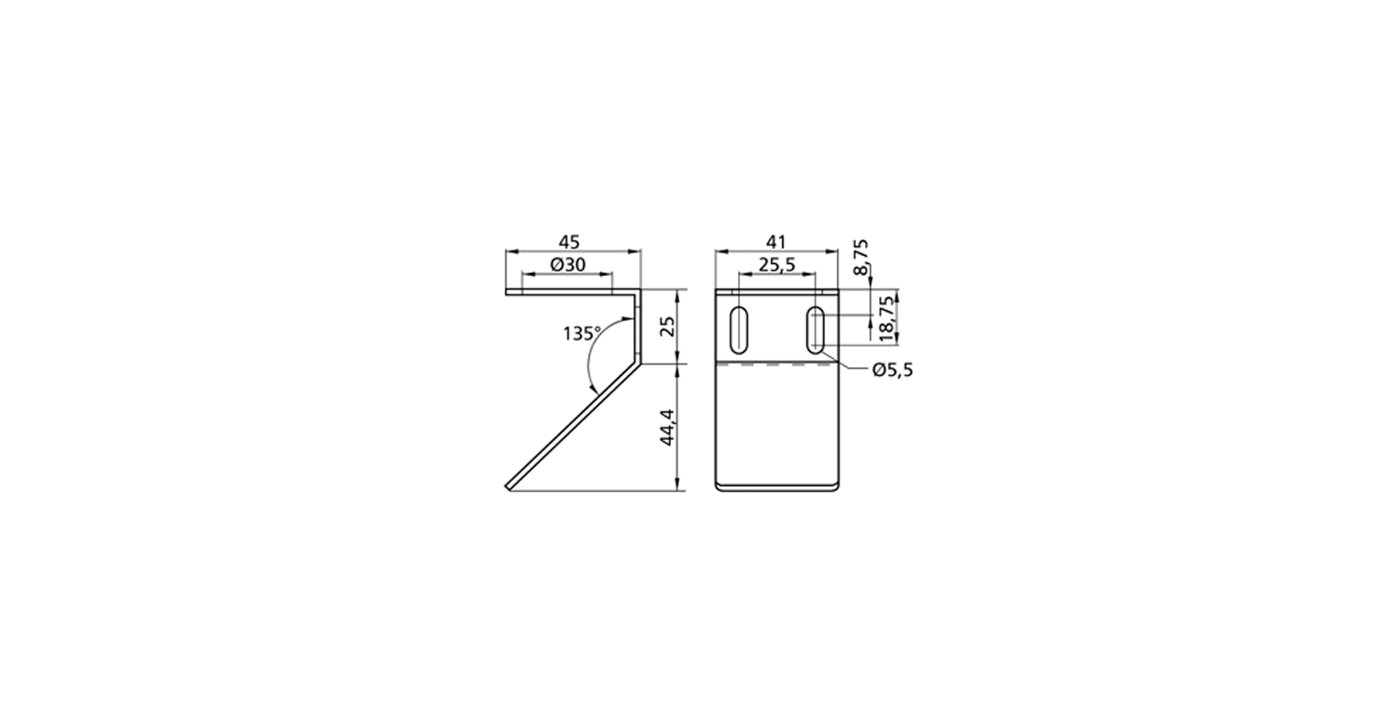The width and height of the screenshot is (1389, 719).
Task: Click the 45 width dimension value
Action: click(569, 241)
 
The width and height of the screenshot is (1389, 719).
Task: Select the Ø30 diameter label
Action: click(568, 264)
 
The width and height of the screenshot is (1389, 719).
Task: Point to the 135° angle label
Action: click(581, 334)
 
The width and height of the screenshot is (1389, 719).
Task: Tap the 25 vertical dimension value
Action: click(667, 326)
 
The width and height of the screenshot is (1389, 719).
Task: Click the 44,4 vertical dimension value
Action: click(667, 426)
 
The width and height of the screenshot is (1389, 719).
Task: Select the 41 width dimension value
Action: click(777, 241)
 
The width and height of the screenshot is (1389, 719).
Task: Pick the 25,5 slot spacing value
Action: click(777, 264)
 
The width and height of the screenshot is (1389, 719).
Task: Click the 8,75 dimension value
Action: click(862, 257)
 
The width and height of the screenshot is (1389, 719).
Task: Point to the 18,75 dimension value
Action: click(888, 316)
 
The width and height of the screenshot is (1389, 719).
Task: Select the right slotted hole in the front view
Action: click(816, 331)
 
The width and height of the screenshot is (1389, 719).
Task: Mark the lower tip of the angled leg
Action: click(509, 489)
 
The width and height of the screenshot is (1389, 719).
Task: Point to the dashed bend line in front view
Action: click(777, 365)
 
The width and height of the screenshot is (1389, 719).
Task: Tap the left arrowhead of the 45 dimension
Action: click(510, 251)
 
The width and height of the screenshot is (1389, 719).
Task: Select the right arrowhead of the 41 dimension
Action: click(835, 251)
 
